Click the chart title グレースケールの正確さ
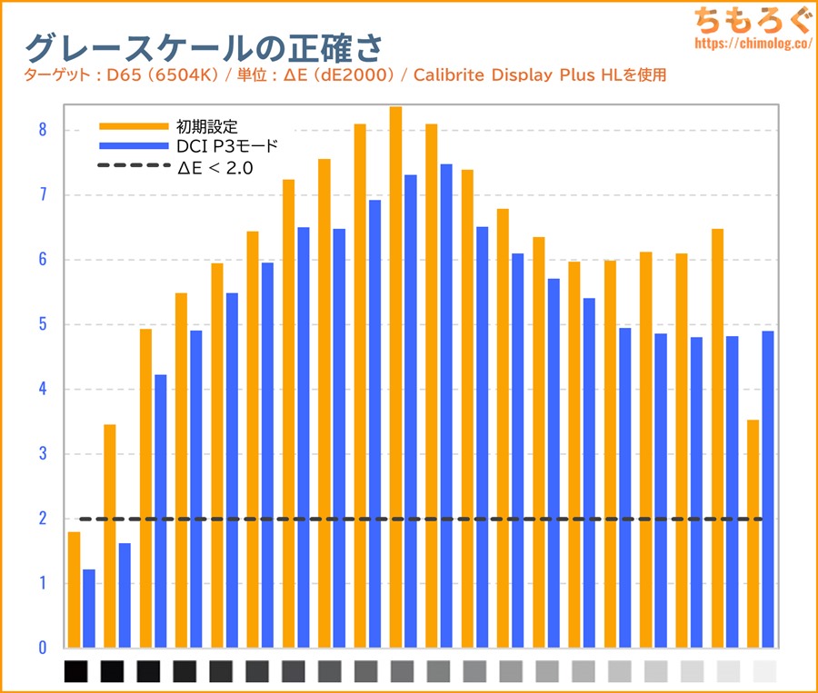point(204,47)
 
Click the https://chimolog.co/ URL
point(752,43)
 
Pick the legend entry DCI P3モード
point(224,146)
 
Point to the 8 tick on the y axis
point(42,130)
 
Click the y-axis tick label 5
point(42,324)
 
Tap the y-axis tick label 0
point(42,648)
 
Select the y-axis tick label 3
point(42,454)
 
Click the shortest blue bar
point(89,609)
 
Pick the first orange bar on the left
point(74,590)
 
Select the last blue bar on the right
point(768,490)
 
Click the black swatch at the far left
point(76,672)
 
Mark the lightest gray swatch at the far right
point(765,672)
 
